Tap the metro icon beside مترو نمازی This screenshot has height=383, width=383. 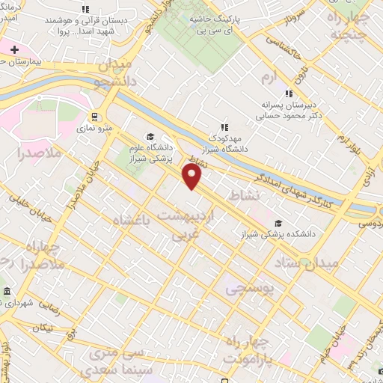coord(95,117)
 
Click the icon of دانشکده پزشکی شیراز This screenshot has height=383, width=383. coord(278,222)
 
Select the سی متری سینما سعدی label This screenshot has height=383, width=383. coord(111,360)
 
